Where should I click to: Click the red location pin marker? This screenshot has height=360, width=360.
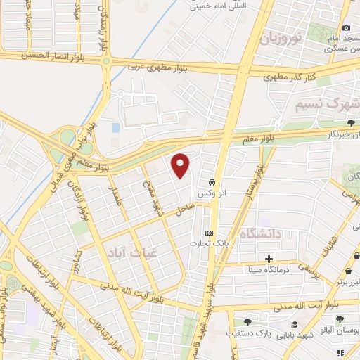181,165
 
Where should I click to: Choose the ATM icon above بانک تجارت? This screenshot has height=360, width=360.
208,233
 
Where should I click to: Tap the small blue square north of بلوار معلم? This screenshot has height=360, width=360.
115,127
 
